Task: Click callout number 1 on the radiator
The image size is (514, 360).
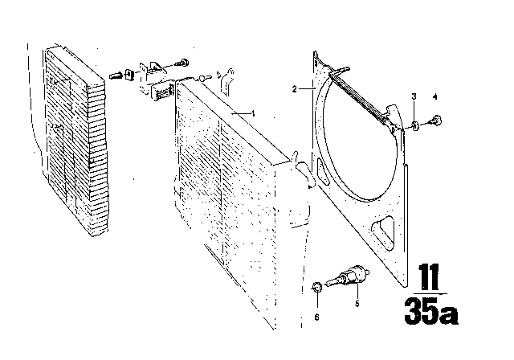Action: coord(253,113)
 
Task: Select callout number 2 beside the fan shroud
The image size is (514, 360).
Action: coord(295,89)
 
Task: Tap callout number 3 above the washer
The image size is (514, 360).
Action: coord(414,96)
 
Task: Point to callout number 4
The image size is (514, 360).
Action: coord(435,96)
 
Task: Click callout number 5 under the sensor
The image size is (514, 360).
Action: coord(357,304)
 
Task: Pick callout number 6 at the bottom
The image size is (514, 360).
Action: coord(316,317)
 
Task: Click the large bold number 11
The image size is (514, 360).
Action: coord(429,277)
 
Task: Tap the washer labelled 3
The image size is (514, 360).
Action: coord(414,125)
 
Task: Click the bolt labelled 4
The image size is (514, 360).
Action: coord(436,121)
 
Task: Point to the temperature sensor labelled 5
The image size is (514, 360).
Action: coord(348,276)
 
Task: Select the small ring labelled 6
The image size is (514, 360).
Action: coord(316,287)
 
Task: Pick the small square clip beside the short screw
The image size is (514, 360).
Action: coord(129,75)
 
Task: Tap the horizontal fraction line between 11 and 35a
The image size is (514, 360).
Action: coord(430,294)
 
